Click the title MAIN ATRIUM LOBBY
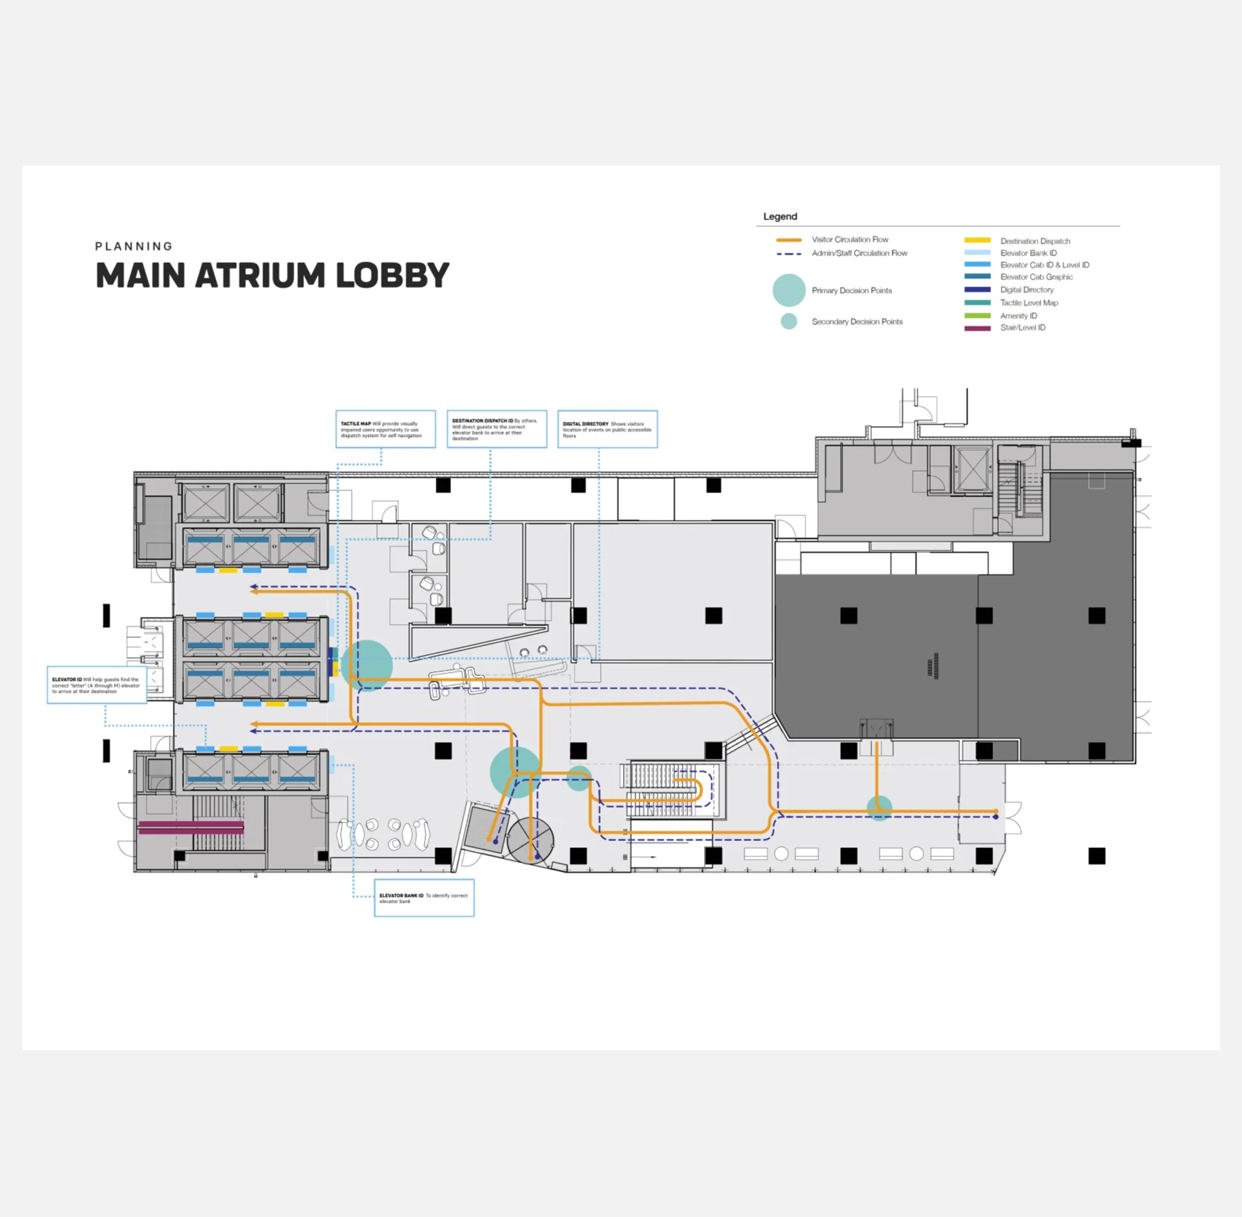[272, 275]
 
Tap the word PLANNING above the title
[134, 246]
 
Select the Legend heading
[780, 216]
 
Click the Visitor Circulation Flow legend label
[850, 239]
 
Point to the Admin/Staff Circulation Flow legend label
[860, 253]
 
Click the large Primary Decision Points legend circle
[789, 290]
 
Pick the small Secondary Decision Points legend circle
[789, 322]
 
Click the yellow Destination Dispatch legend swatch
[977, 241]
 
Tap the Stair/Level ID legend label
[1023, 328]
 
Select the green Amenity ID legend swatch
[977, 315]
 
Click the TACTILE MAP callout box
[386, 429]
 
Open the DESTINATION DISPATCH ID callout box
[497, 429]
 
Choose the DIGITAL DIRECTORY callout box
[607, 429]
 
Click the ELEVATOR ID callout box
[97, 685]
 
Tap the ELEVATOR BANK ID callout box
[424, 898]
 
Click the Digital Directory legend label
[1027, 290]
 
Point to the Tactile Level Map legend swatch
[977, 303]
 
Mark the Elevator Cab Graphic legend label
[1037, 277]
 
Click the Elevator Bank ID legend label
[1028, 253]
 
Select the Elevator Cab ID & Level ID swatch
[977, 265]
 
